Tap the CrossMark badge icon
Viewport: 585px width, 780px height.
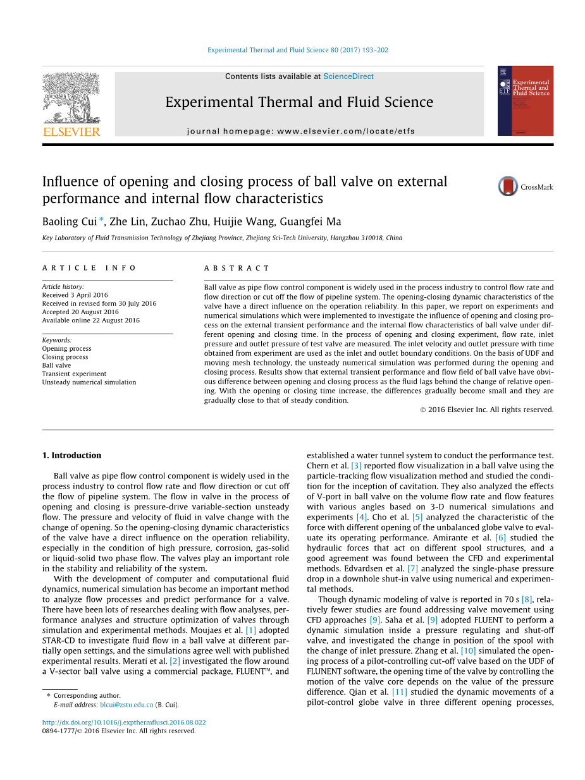(x=508, y=186)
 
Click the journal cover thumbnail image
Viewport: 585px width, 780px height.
(x=525, y=101)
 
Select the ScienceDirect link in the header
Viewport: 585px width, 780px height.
(x=348, y=76)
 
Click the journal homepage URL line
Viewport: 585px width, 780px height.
(x=301, y=131)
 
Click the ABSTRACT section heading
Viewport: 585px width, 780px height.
(x=237, y=268)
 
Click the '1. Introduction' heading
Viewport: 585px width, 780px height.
(x=71, y=455)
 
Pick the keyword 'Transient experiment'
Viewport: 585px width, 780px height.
(x=74, y=374)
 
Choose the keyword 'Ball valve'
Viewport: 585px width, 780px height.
(x=56, y=365)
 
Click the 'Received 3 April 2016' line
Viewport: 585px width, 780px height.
(x=75, y=295)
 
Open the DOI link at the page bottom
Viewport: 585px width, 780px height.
(x=123, y=722)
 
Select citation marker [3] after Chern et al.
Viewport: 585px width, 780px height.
(x=356, y=466)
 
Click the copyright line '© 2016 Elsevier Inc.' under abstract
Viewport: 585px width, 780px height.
(x=486, y=410)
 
